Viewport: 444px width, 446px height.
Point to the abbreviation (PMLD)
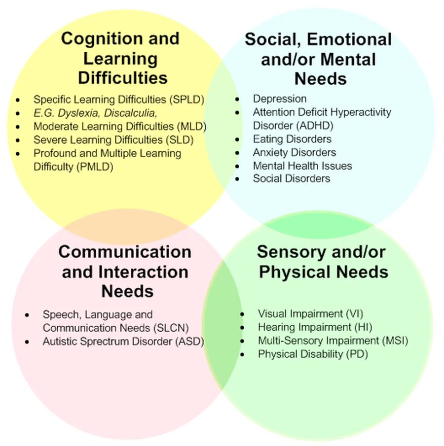point(95,167)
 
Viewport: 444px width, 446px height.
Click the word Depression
point(280,99)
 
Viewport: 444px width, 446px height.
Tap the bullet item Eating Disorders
point(292,139)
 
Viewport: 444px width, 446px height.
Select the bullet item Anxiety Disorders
point(295,152)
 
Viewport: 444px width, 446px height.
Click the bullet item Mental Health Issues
point(302,166)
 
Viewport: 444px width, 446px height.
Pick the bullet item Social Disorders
point(292,178)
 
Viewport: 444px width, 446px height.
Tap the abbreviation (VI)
point(355,313)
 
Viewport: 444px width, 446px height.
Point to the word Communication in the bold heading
point(125,252)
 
